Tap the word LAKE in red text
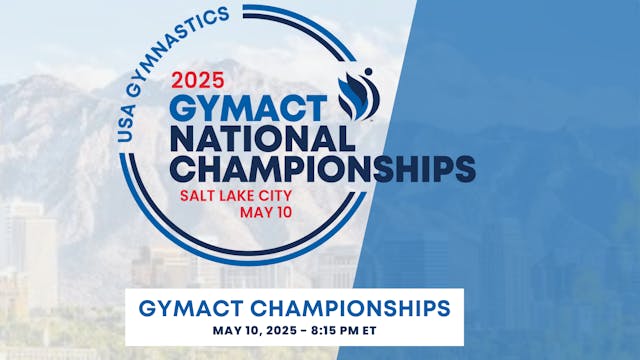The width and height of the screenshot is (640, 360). tap(241, 195)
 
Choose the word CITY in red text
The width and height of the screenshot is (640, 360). tap(284, 195)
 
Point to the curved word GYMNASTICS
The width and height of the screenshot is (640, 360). tap(179, 41)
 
